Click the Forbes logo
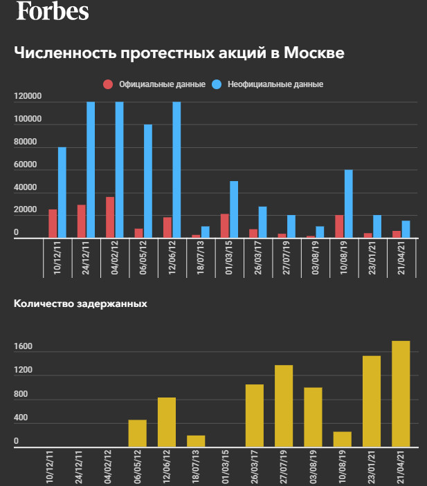point(53,11)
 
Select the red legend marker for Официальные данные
point(107,84)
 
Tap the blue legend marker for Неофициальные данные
point(217,84)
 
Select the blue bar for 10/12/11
point(62,192)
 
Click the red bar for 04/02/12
point(110,217)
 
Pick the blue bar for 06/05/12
point(148,181)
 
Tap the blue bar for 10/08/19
point(349,204)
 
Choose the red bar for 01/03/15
point(225,225)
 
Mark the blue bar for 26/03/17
point(262,222)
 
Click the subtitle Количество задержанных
point(80,303)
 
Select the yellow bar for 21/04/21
point(401,394)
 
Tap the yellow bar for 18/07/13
point(196,441)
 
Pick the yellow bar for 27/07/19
point(284,406)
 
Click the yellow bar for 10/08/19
point(343,440)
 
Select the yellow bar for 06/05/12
point(138,433)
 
